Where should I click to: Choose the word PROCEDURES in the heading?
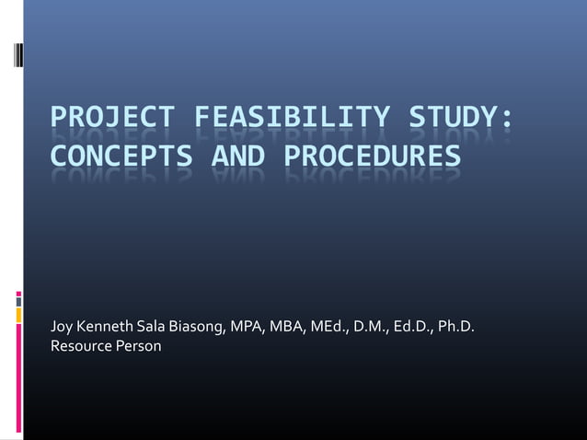(370, 158)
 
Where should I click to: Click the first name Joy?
(62, 328)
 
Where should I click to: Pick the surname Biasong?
(196, 328)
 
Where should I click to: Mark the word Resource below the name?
(81, 347)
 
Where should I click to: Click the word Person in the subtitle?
(138, 347)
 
